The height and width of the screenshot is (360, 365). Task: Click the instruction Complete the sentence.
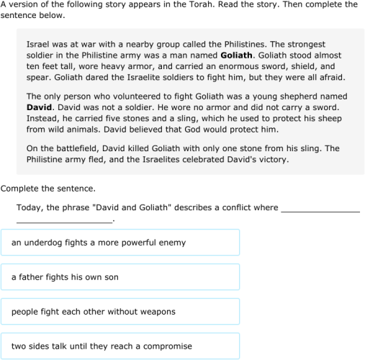(x=48, y=189)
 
